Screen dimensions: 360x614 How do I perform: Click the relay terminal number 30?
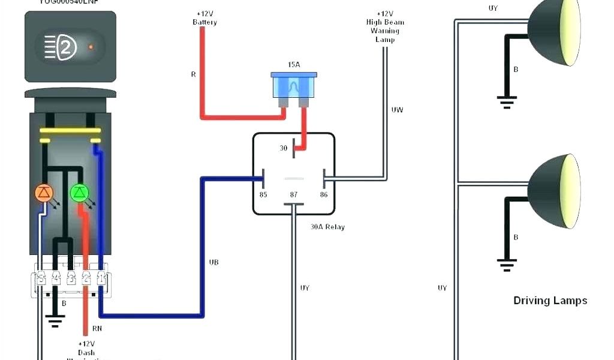(284, 148)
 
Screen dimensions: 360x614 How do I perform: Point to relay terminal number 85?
(263, 194)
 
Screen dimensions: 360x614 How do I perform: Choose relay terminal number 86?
(324, 194)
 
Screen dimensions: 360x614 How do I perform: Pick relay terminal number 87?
(293, 194)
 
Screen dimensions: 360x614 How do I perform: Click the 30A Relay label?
(327, 227)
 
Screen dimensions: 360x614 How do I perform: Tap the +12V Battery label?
(204, 18)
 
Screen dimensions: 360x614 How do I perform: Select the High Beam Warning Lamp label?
(385, 26)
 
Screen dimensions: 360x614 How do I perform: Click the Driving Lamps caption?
(550, 301)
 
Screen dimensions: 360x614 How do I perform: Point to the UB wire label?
(213, 262)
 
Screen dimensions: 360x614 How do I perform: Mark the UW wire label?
(397, 110)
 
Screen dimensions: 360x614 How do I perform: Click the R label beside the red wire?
(193, 75)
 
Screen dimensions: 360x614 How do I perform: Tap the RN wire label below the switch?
(97, 329)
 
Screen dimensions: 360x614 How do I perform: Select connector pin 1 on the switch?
(101, 278)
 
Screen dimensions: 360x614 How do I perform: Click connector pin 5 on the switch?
(41, 278)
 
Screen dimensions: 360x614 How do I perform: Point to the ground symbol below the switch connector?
(56, 322)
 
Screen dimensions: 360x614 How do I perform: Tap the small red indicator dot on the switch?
(91, 46)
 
